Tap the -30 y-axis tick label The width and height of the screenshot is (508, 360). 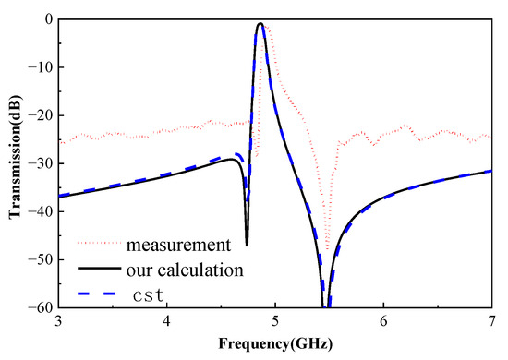[40, 163]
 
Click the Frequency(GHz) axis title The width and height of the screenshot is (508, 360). [274, 343]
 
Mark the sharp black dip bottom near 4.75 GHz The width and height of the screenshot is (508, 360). [247, 245]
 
